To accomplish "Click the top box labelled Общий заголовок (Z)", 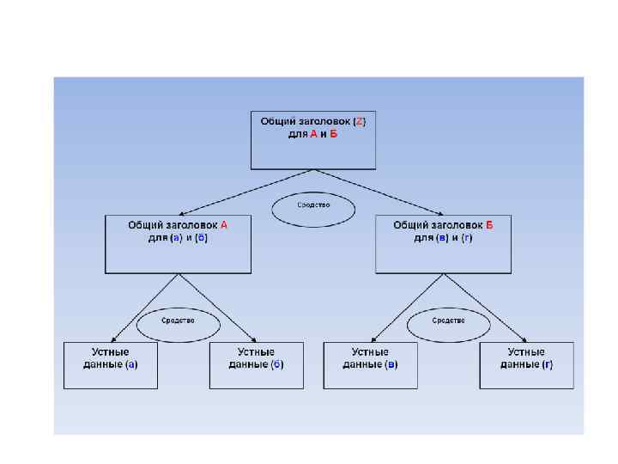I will [x=313, y=139].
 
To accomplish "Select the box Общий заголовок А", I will [x=178, y=244].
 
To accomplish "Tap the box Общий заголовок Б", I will [x=443, y=244].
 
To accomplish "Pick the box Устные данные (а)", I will [x=111, y=365].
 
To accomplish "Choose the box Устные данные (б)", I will [x=257, y=365].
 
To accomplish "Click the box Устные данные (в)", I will [x=370, y=365].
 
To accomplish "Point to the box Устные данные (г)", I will [x=526, y=365].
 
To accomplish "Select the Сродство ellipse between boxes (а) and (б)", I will [x=178, y=321].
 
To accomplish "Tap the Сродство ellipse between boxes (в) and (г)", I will [x=448, y=321].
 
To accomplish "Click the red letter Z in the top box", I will [x=360, y=121].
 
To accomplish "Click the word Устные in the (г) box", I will [x=525, y=352].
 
